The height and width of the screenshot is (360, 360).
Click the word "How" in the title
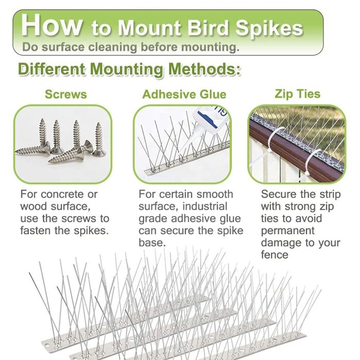(x=51, y=25)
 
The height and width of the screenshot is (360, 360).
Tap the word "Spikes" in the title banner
(x=269, y=29)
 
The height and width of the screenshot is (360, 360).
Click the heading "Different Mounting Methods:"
(x=130, y=69)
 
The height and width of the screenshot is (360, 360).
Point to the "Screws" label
(x=66, y=94)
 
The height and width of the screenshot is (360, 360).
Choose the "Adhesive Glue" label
(x=184, y=94)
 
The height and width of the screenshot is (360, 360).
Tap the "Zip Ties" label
(x=298, y=94)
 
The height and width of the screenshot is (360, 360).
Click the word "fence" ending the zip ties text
(x=274, y=255)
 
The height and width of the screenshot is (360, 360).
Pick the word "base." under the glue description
(x=152, y=243)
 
